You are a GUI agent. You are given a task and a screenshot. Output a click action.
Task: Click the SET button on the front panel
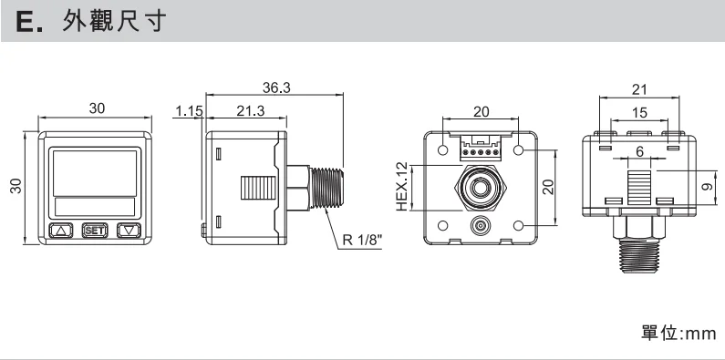(94, 231)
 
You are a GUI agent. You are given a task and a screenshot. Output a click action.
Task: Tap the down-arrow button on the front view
(129, 231)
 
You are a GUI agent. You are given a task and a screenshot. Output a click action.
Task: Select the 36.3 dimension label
(276, 87)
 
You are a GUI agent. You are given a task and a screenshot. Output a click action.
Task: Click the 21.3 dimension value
(251, 111)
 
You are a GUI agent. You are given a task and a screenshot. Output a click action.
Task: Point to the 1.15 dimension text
(189, 111)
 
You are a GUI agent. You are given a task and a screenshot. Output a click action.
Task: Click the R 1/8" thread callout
(362, 241)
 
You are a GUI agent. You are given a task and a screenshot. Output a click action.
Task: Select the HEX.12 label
(402, 186)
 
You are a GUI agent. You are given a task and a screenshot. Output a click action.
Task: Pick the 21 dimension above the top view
(639, 89)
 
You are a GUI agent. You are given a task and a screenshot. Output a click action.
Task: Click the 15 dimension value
(639, 113)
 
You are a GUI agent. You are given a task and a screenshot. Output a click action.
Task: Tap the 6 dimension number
(640, 151)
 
